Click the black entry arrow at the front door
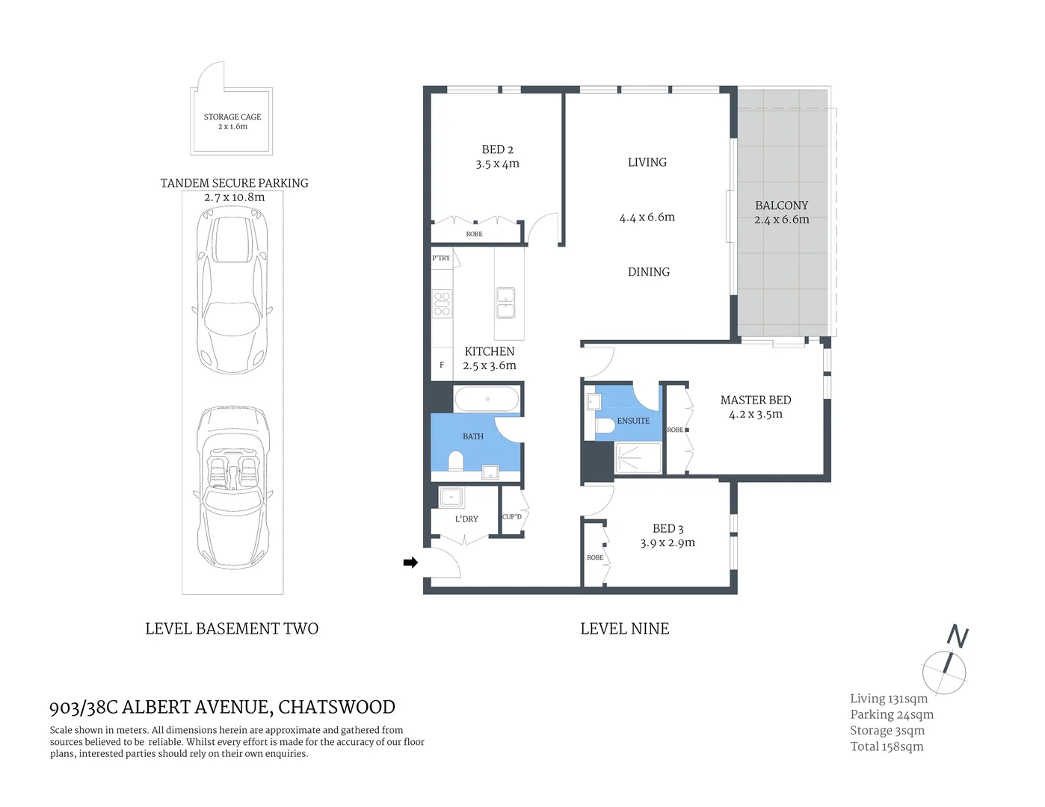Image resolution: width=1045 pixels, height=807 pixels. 410,563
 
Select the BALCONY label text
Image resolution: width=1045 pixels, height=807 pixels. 781,205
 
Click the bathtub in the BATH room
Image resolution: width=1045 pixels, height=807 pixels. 487,399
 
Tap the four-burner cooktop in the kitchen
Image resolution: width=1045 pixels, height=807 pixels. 442,303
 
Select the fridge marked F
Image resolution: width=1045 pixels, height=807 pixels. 442,365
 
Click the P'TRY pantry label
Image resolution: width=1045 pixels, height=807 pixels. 441,259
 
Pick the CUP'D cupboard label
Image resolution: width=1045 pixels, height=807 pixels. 512,517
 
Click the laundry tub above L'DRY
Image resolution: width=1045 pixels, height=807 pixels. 451,497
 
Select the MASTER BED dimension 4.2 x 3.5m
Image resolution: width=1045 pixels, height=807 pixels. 755,415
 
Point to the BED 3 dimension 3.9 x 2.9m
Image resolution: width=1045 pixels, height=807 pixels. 667,543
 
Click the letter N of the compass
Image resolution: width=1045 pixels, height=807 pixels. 958,637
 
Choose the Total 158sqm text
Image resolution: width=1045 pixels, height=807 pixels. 887,746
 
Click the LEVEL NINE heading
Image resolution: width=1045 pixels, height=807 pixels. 624,629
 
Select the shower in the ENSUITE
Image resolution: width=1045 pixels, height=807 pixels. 638,458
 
